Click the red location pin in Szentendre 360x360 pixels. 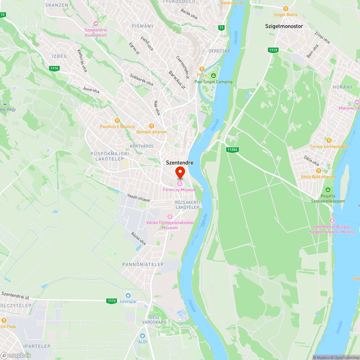pos(180,172)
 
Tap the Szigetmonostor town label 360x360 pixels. pos(284,26)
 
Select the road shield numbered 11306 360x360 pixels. pos(233,149)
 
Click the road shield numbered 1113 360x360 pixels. pos(273,50)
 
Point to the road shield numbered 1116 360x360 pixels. pos(54,68)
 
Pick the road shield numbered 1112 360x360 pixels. pos(112,301)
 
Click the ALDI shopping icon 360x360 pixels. pos(143,336)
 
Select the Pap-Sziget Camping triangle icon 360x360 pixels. pos(213,76)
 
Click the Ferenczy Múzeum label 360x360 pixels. pos(180,190)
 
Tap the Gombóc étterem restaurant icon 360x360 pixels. pos(152,126)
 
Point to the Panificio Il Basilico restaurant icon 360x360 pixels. pos(117,121)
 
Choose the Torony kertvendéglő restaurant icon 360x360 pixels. pos(329,140)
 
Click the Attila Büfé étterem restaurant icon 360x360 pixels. pos(318,171)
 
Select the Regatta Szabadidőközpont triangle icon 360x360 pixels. pos(328,190)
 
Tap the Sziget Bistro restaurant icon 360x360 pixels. pos(286,8)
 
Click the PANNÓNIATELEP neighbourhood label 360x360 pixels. pos(143,264)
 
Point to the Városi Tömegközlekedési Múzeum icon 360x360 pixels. pos(170,216)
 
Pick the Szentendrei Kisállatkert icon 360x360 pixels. pos(95,23)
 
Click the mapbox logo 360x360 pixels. pos(16,355)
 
